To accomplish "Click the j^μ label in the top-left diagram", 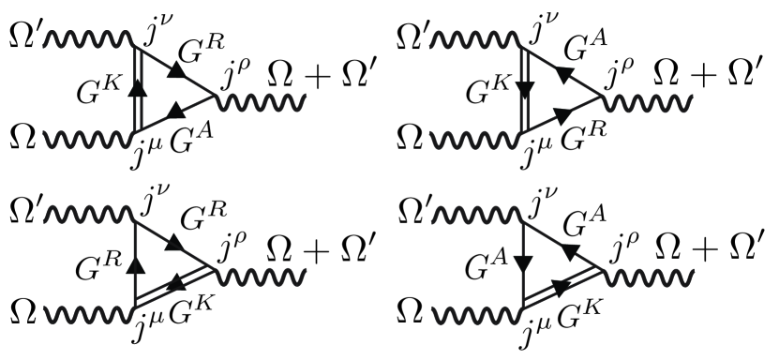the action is click(x=141, y=151).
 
